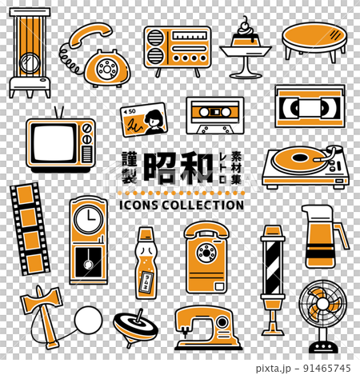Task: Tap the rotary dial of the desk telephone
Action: [107, 70]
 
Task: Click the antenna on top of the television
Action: [59, 113]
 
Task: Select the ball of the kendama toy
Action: [88, 320]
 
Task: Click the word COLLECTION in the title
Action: [203, 205]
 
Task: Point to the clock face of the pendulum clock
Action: [88, 219]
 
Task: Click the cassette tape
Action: [215, 115]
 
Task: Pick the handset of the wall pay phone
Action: [206, 229]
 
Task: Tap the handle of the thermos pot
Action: [342, 236]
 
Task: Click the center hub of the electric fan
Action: [322, 304]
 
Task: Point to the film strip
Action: [30, 229]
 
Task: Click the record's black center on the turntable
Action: [300, 158]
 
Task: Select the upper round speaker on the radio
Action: [155, 38]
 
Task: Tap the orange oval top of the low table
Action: [314, 36]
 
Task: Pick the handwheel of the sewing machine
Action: [222, 322]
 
